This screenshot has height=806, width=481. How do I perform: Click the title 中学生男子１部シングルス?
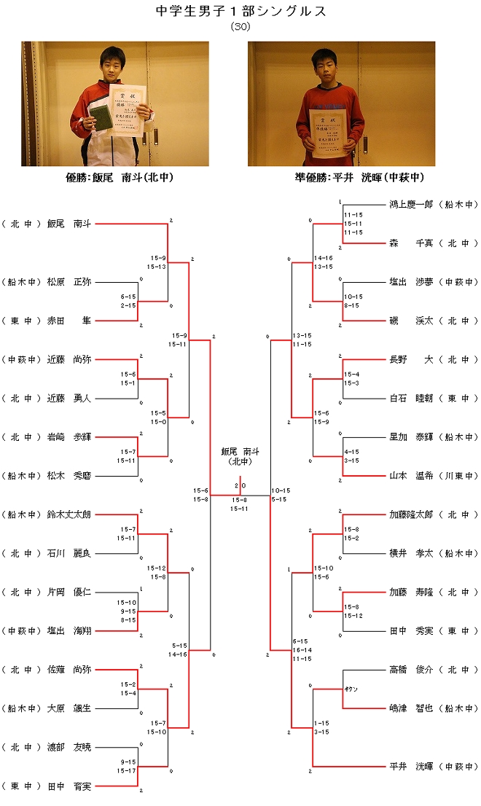(240, 11)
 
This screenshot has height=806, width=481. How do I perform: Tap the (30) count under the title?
(240, 26)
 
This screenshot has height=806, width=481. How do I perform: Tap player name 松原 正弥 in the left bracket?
(69, 282)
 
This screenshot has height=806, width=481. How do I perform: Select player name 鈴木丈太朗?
(69, 514)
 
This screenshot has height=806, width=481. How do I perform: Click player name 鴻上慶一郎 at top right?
(411, 205)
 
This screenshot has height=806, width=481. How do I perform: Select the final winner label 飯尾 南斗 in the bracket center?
(240, 451)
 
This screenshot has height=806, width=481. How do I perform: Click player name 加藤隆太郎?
(411, 514)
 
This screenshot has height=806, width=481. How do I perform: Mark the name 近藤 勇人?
(69, 399)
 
